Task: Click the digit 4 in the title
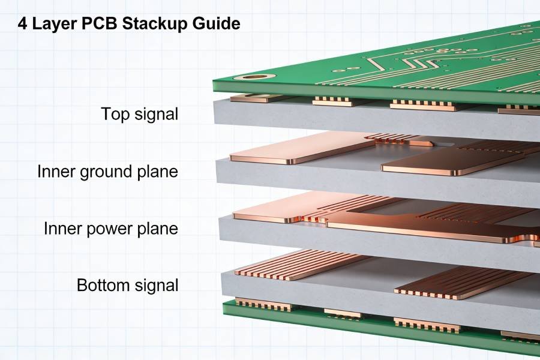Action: click(22, 24)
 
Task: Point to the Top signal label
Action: click(139, 114)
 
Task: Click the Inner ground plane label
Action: click(107, 172)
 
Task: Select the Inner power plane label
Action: click(110, 229)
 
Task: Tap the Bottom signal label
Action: click(127, 285)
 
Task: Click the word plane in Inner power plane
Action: click(158, 229)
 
